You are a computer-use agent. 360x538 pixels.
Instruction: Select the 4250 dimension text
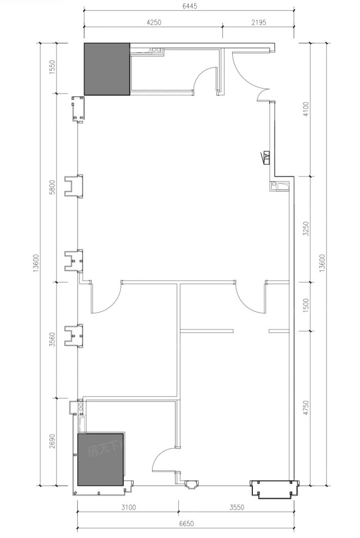153,23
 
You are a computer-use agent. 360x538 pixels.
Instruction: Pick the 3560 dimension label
52,341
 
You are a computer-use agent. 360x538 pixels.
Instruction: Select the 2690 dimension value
52,441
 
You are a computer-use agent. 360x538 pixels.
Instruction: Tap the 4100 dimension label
306,109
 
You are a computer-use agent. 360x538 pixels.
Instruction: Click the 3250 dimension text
306,229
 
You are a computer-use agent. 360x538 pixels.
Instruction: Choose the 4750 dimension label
306,407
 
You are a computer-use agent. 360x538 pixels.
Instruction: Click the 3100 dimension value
128,508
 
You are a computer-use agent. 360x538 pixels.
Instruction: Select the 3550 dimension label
237,508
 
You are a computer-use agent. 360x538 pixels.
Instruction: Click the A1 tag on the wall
266,157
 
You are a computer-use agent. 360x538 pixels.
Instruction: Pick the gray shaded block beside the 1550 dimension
107,69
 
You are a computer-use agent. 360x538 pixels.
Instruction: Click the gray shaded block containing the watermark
102,459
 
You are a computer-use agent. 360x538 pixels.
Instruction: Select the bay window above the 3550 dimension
274,489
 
